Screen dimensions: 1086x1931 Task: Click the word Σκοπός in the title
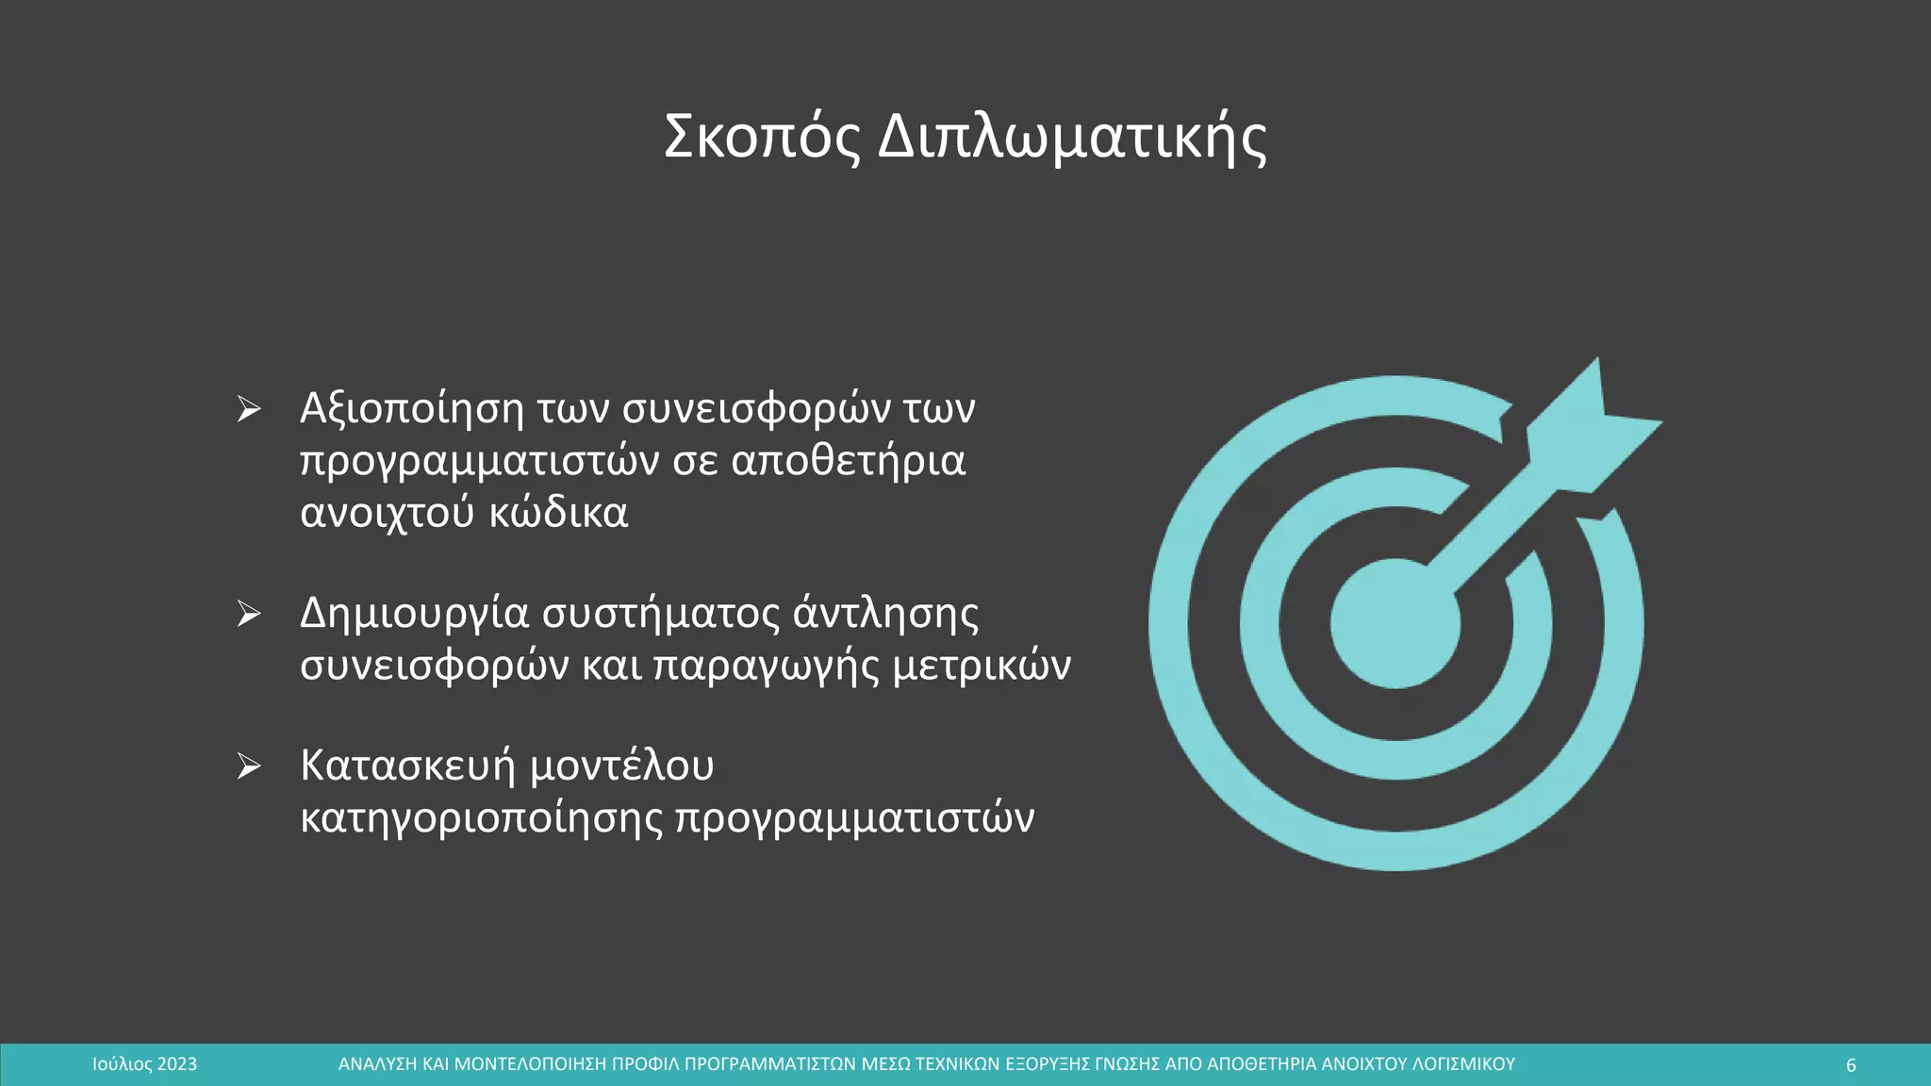point(762,138)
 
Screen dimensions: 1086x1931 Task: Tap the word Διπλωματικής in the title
point(1072,138)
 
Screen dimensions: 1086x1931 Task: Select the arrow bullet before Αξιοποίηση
point(249,409)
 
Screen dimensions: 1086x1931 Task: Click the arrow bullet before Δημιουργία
point(249,614)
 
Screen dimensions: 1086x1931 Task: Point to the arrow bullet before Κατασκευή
point(249,765)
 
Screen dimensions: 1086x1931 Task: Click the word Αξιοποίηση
point(411,409)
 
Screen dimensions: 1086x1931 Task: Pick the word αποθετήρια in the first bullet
point(848,461)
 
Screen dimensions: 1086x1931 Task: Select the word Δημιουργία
point(414,614)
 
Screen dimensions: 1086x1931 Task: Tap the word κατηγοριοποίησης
point(482,818)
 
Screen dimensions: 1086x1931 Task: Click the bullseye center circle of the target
point(1395,623)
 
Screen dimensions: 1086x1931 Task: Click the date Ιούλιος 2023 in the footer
point(144,1064)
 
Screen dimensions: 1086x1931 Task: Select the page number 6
point(1851,1065)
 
